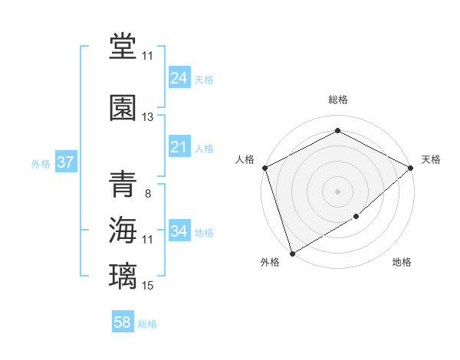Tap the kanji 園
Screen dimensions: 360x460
[x=123, y=106]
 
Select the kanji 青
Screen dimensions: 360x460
[x=123, y=184]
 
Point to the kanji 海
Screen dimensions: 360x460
[x=123, y=230]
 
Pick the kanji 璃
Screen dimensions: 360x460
[x=123, y=276]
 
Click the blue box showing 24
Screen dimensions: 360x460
[x=179, y=77]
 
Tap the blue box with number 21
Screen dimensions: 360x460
[x=179, y=147]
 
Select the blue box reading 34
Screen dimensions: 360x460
[x=179, y=231]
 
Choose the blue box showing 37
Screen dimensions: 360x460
[x=65, y=162]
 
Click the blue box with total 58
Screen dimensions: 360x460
[x=123, y=322]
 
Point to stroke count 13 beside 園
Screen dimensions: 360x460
[x=148, y=117]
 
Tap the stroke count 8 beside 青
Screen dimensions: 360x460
[x=148, y=194]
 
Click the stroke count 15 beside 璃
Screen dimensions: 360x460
[x=148, y=286]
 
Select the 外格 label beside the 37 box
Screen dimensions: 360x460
[x=41, y=163]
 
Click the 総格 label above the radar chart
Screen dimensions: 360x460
[x=337, y=100]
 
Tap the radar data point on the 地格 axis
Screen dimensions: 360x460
[x=356, y=218]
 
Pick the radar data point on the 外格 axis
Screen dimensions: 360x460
[x=291, y=254]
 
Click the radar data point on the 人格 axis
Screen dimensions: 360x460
[x=264, y=168]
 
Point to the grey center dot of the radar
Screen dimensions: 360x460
[x=337, y=191]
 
